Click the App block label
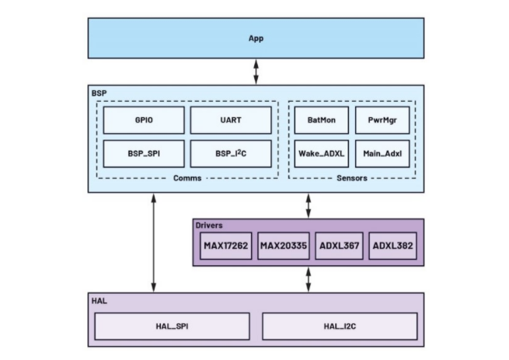256,37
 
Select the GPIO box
144,120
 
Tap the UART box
231,120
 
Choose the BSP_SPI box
144,153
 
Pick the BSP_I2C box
231,153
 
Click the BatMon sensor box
320,120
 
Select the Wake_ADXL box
320,153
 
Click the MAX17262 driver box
225,246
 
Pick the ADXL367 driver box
338,246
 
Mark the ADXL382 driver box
393,246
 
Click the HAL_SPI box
172,327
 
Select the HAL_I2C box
340,327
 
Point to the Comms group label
187,178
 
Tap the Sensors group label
351,178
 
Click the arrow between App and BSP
256,71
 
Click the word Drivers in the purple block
210,225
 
